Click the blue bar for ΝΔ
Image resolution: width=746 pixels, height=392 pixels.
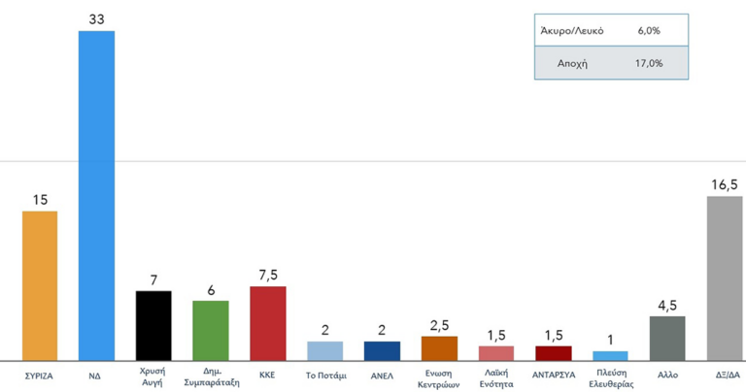pyautogui.click(x=96, y=194)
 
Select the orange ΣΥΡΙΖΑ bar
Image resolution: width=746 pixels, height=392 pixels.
pyautogui.click(x=40, y=285)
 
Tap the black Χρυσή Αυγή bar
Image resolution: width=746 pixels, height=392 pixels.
pyautogui.click(x=153, y=325)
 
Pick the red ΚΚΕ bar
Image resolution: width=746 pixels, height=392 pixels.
pyautogui.click(x=268, y=323)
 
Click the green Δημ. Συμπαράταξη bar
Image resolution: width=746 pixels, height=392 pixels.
pyautogui.click(x=211, y=330)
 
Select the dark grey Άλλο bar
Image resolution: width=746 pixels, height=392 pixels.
pyautogui.click(x=667, y=338)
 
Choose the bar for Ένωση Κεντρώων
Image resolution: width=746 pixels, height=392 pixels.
pyautogui.click(x=439, y=348)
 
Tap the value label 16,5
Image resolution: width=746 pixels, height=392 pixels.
pyautogui.click(x=725, y=182)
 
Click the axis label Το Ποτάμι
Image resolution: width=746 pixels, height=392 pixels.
pyautogui.click(x=325, y=374)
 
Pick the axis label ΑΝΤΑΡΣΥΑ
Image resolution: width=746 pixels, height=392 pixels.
pyautogui.click(x=554, y=374)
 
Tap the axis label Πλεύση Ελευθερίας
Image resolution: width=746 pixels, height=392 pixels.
pyautogui.click(x=610, y=378)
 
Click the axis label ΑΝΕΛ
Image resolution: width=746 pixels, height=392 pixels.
pyautogui.click(x=382, y=374)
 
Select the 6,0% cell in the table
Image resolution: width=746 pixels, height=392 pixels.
pyautogui.click(x=649, y=31)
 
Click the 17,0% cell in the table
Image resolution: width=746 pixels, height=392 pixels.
pyautogui.click(x=649, y=63)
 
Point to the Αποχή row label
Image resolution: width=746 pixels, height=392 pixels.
pyautogui.click(x=572, y=63)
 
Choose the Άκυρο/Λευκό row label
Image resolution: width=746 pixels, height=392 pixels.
pyautogui.click(x=572, y=31)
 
